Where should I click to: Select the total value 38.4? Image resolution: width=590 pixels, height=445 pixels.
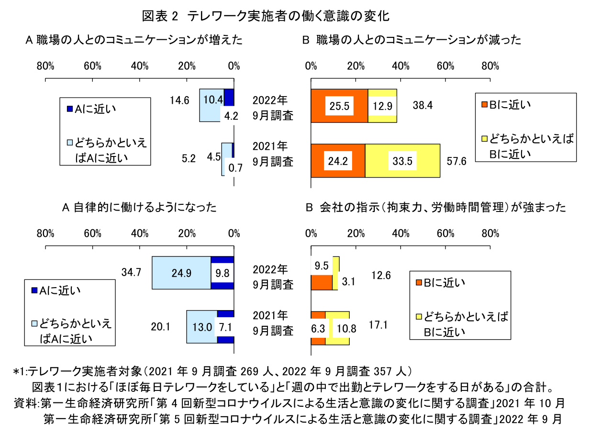(x=423, y=106)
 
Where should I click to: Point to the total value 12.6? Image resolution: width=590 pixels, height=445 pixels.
(x=381, y=275)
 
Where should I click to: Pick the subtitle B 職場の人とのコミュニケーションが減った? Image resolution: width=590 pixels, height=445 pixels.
(x=412, y=40)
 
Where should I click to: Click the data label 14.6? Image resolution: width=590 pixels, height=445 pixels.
(x=180, y=100)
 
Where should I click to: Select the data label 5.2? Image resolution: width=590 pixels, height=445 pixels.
(x=189, y=159)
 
